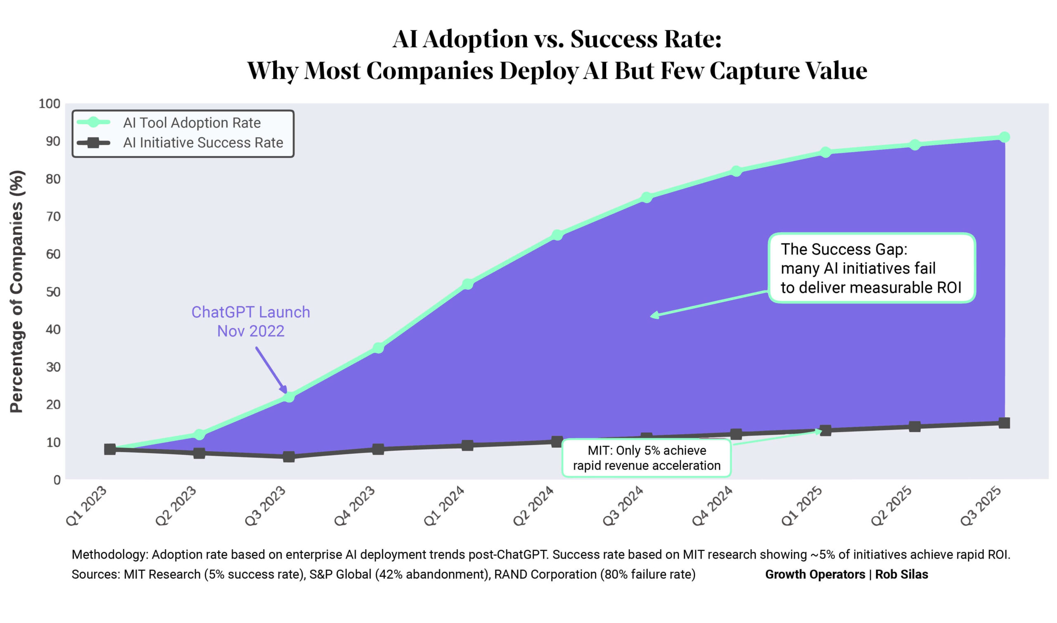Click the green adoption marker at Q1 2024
click(467, 284)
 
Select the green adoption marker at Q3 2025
click(1004, 137)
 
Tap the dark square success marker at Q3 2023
click(289, 456)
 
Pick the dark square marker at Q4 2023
click(378, 449)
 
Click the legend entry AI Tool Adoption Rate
click(192, 123)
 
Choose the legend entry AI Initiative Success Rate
click(203, 143)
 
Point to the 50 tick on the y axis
click(53, 292)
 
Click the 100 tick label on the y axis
click(50, 104)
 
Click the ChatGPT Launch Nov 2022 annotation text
click(251, 321)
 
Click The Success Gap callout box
click(872, 268)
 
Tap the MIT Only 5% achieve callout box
click(647, 458)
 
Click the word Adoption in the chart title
click(475, 40)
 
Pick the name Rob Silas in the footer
click(902, 574)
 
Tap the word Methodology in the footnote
click(110, 555)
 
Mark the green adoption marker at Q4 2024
click(736, 171)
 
